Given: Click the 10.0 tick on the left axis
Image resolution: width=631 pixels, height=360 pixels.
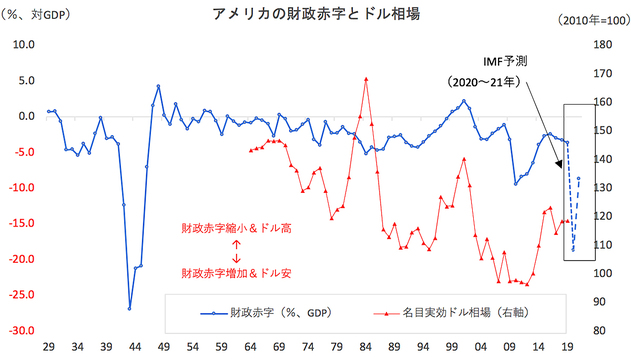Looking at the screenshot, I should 23,45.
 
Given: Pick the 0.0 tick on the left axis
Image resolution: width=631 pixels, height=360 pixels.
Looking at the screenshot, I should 25,116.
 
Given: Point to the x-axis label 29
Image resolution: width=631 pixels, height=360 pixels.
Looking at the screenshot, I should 47,347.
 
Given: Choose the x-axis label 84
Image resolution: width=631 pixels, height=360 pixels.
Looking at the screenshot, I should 366,347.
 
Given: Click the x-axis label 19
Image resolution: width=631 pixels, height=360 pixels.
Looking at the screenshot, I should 567,347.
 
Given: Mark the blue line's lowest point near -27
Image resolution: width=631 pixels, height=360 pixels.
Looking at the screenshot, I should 130,308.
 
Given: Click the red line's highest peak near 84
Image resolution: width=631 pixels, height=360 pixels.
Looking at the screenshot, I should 366,79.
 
